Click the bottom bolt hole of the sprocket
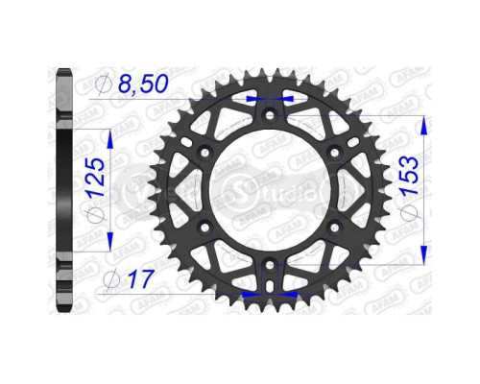[270, 262]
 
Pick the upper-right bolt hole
[332, 153]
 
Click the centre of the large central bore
[270, 189]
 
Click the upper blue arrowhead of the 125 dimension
[111, 135]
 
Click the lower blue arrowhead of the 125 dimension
[111, 242]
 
